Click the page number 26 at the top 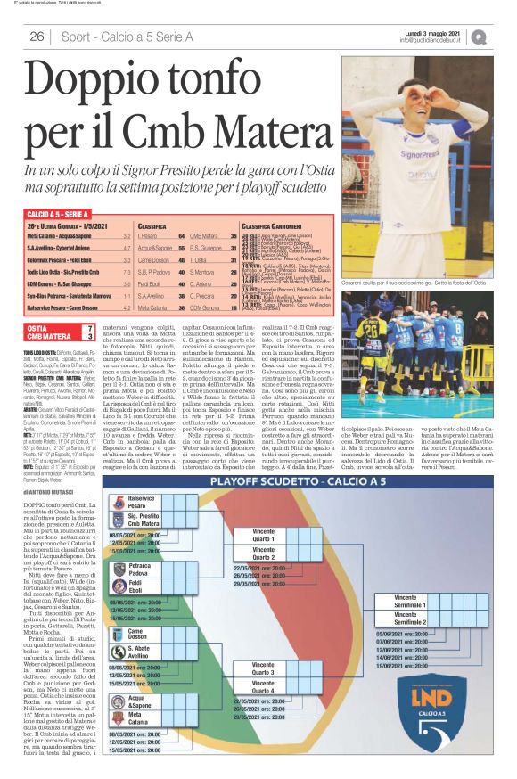(x=37, y=37)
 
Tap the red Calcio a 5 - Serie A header (x=60, y=215)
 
